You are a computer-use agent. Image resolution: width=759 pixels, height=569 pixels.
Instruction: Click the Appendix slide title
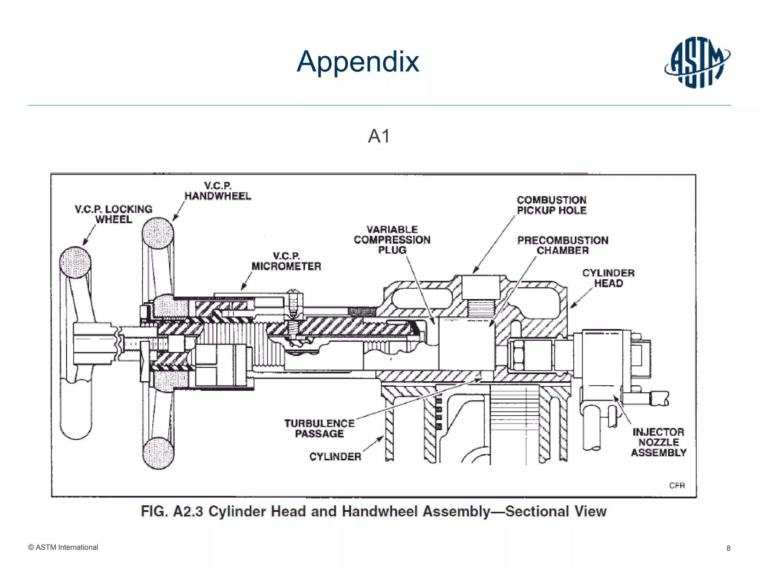click(x=358, y=61)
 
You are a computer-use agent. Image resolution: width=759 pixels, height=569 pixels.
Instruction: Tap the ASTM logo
click(x=697, y=62)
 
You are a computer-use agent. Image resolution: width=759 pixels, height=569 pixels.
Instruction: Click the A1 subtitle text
click(x=379, y=136)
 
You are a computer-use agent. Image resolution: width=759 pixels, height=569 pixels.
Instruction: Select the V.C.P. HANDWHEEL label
click(x=218, y=191)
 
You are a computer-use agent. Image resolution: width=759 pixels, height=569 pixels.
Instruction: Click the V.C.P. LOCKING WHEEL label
click(x=113, y=214)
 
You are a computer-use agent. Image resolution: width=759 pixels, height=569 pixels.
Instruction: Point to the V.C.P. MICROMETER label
click(x=286, y=261)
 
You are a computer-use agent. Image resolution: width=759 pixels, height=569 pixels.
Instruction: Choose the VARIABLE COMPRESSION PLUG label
click(x=392, y=240)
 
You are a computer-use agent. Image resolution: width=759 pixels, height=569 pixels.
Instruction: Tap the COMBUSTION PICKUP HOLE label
click(x=551, y=205)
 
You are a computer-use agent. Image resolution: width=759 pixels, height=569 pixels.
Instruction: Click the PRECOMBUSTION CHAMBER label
click(x=563, y=245)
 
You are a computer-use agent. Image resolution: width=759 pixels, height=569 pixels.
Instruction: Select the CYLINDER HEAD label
click(x=608, y=278)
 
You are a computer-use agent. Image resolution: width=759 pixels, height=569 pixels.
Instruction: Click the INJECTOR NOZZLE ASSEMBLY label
click(x=659, y=442)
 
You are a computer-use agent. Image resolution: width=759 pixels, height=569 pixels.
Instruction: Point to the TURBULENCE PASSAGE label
click(x=319, y=429)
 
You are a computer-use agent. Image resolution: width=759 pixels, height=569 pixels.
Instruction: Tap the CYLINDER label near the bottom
click(x=335, y=457)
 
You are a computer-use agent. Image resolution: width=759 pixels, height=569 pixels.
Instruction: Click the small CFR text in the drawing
click(x=677, y=485)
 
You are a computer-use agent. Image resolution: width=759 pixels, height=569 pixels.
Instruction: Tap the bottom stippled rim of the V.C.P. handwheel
click(x=158, y=453)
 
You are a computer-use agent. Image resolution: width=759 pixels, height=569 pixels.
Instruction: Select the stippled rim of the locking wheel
click(x=75, y=262)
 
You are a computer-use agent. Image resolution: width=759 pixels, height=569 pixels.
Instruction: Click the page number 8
click(x=728, y=548)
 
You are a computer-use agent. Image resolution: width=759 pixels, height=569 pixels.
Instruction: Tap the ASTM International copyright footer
click(x=63, y=548)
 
